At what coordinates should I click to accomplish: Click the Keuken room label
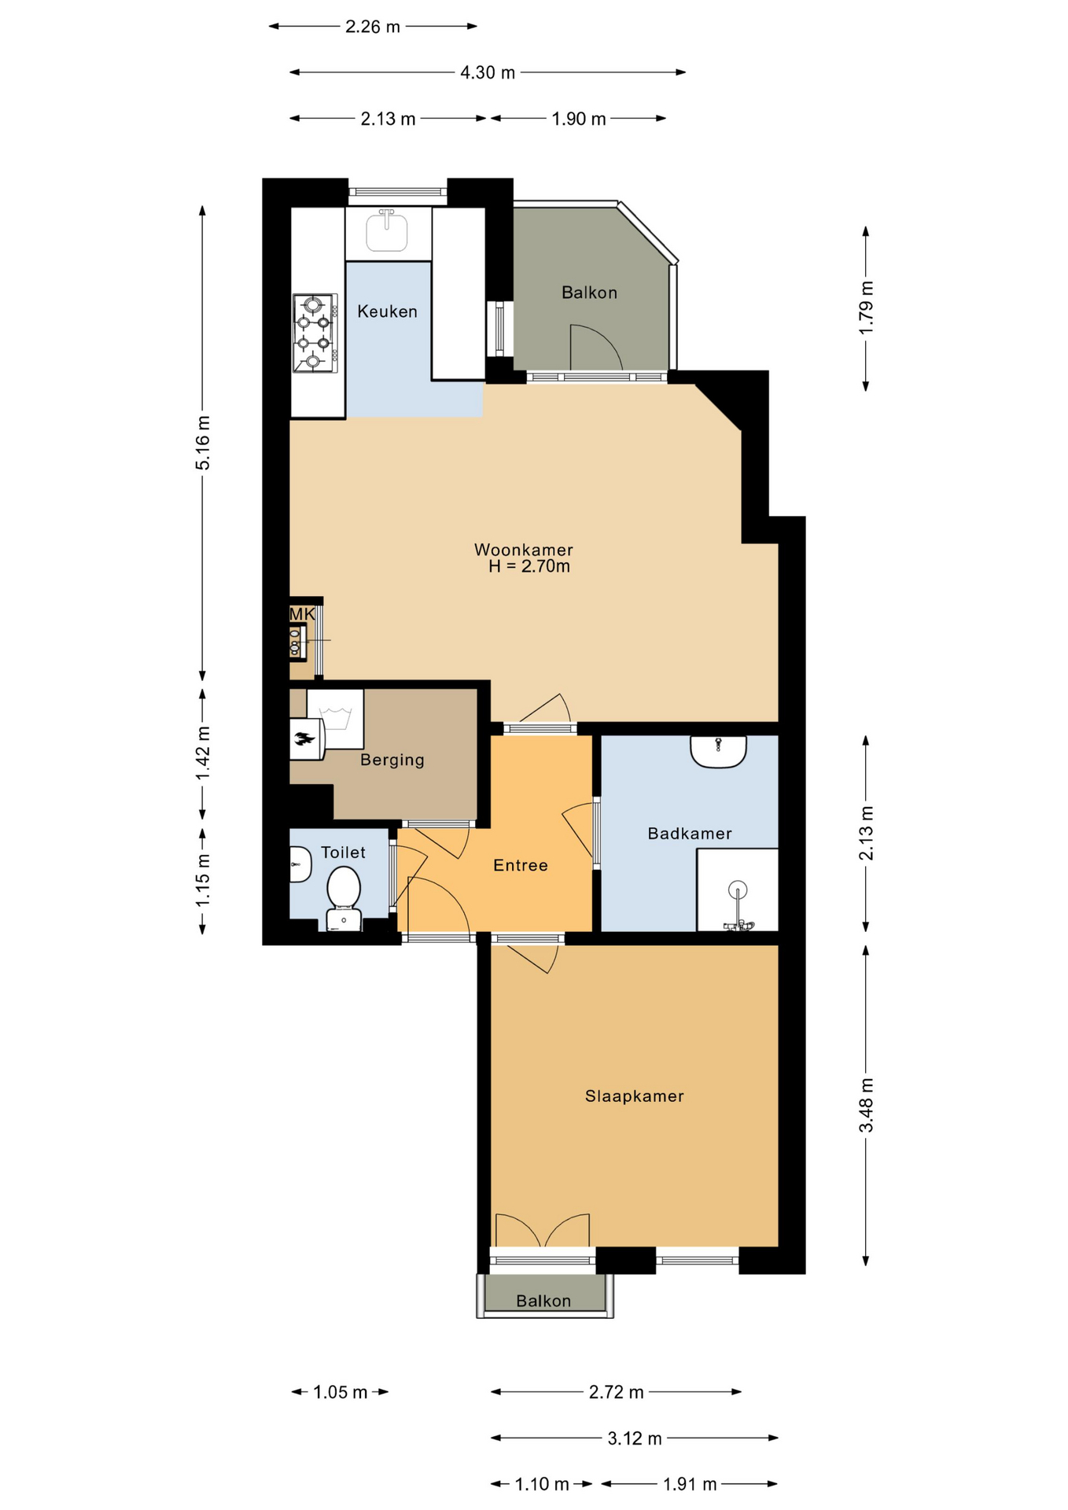click(387, 311)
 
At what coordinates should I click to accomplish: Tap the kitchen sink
click(387, 230)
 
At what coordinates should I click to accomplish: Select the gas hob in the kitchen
click(315, 333)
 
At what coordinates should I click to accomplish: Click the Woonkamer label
click(524, 550)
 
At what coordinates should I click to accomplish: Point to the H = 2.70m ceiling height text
click(529, 566)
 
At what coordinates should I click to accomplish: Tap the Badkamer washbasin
click(718, 751)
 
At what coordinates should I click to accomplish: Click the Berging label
click(392, 760)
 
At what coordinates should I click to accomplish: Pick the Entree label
click(521, 865)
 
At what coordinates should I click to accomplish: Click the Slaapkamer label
click(635, 1096)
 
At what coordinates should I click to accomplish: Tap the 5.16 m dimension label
click(203, 442)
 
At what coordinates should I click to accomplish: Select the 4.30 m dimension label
click(488, 72)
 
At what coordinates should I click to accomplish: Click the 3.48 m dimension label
click(866, 1105)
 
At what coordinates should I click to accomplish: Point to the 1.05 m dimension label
click(341, 1392)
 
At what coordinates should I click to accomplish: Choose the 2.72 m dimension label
click(617, 1392)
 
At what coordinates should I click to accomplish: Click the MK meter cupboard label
click(303, 614)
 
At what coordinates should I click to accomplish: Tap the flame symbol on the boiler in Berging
click(304, 738)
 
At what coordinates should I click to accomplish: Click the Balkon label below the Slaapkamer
click(543, 1301)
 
